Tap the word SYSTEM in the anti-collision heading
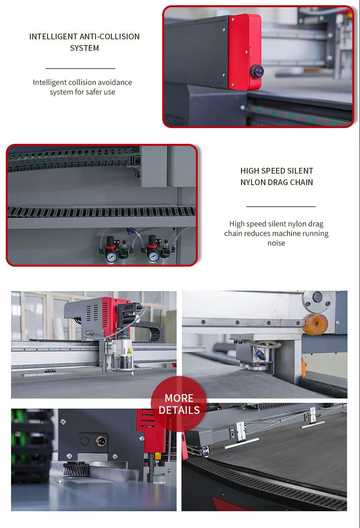84,48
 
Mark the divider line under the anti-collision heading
80,69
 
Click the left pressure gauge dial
112,257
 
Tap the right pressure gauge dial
154,257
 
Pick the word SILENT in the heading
298,171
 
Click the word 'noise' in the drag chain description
276,243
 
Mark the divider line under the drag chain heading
281,207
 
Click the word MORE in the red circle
179,399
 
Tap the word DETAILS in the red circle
179,411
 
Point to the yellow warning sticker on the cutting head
128,352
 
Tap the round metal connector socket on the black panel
101,441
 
